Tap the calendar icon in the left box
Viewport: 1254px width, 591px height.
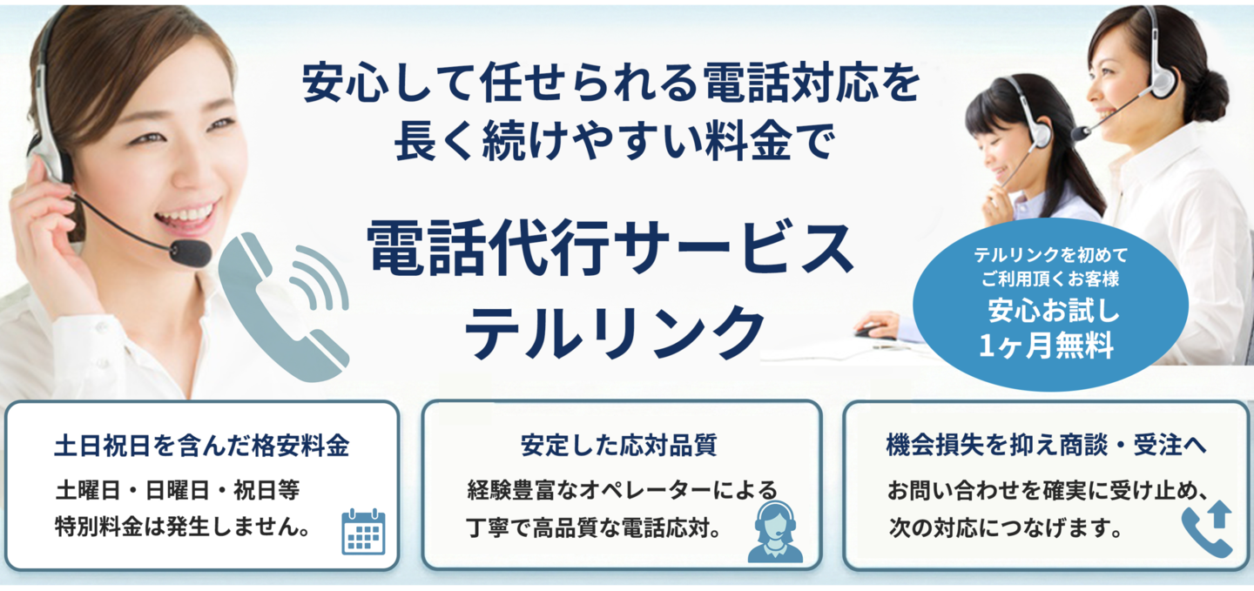click(363, 531)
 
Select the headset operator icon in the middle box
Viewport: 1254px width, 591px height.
click(774, 531)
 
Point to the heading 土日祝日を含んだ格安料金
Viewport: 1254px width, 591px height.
click(201, 446)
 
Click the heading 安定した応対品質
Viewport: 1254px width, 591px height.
click(619, 446)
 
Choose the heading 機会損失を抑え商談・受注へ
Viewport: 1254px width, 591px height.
click(1046, 446)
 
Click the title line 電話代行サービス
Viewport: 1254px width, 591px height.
click(610, 247)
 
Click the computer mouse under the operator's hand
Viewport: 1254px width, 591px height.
click(868, 331)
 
